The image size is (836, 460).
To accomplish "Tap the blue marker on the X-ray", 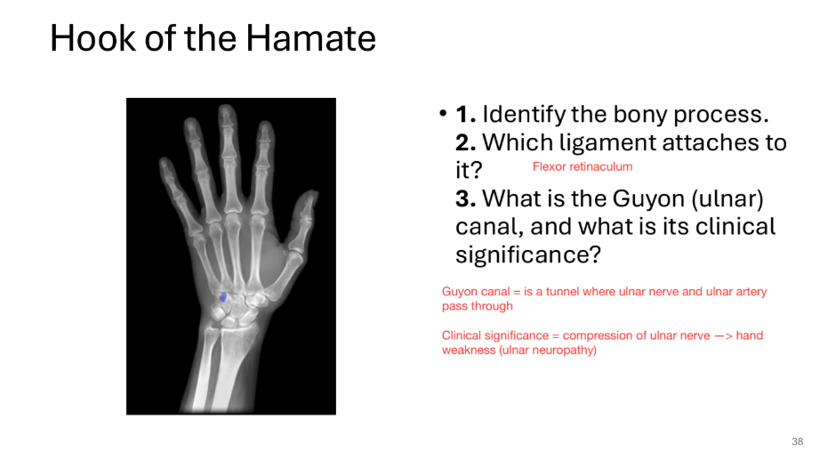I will (x=223, y=296).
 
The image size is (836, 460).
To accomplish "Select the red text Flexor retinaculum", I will (x=582, y=166).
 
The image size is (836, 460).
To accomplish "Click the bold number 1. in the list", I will (x=466, y=115).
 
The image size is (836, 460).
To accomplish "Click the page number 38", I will (x=797, y=441).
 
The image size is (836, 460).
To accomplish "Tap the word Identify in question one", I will (x=526, y=115).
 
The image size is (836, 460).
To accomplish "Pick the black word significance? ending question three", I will (x=528, y=254).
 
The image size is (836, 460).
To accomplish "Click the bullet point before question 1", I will (x=442, y=115).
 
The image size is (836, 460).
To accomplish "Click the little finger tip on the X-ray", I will (x=165, y=164).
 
